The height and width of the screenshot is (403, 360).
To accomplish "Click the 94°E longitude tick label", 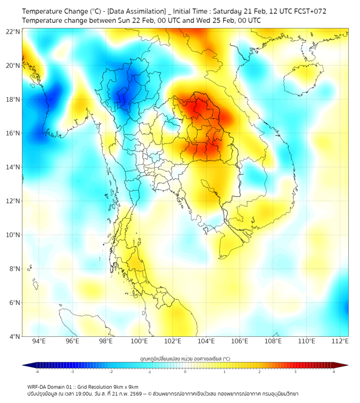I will click(x=39, y=341).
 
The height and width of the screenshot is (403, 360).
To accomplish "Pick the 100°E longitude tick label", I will click(x=139, y=341).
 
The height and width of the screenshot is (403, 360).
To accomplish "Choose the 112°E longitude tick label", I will click(x=340, y=341).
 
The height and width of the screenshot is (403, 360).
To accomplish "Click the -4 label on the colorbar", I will click(x=37, y=372).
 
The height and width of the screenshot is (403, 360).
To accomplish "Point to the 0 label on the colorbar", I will click(x=185, y=372).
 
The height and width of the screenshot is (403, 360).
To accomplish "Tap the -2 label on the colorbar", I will click(x=111, y=372).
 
